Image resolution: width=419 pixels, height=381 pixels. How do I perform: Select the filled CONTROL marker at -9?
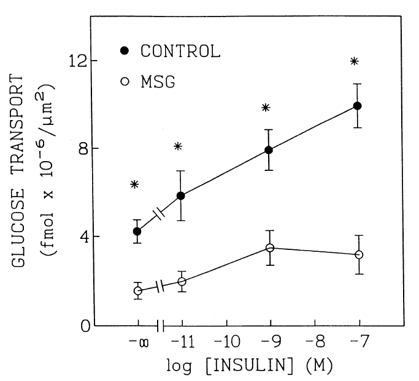click(269, 150)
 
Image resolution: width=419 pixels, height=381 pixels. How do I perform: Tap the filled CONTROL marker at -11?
click(181, 196)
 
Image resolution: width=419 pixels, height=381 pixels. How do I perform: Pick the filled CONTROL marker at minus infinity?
click(137, 232)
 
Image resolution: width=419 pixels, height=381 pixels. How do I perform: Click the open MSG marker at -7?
click(359, 255)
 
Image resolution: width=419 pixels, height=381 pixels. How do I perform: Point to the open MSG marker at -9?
click(269, 248)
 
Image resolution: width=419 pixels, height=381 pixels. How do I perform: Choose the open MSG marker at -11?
click(182, 282)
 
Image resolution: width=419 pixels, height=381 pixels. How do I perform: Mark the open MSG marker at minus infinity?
click(138, 291)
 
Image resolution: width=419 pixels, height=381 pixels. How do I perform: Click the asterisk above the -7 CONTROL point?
click(354, 61)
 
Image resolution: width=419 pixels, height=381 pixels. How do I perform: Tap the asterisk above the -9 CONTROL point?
click(266, 108)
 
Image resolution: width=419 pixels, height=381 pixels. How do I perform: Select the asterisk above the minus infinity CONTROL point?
click(134, 184)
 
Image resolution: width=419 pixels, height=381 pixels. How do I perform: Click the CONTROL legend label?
click(180, 51)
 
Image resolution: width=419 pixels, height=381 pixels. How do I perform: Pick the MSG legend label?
click(158, 81)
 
